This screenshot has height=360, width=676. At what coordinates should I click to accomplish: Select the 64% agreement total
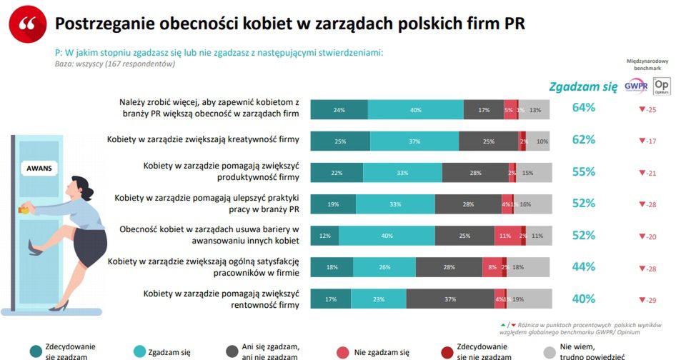(584, 108)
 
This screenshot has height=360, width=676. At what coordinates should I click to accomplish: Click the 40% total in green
(584, 299)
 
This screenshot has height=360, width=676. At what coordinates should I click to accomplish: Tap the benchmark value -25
(648, 109)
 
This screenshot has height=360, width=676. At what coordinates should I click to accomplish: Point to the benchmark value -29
(648, 300)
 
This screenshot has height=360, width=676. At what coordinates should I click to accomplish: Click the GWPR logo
(635, 85)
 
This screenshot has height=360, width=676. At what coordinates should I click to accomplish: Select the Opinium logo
(662, 85)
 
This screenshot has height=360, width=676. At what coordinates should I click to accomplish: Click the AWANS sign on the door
(40, 169)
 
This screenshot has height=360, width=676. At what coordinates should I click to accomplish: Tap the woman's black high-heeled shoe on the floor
(59, 305)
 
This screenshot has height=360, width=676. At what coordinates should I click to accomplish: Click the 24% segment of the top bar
(339, 110)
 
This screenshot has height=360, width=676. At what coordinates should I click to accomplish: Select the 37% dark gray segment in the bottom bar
(450, 300)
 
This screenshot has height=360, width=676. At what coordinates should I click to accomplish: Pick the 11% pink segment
(504, 236)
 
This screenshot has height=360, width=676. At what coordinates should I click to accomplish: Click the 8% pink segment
(493, 268)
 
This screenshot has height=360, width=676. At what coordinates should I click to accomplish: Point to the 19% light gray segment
(517, 300)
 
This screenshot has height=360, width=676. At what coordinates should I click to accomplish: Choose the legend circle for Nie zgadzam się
(342, 351)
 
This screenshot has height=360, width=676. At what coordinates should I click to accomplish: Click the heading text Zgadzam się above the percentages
(583, 87)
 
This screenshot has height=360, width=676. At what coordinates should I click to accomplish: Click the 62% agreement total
(584, 140)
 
